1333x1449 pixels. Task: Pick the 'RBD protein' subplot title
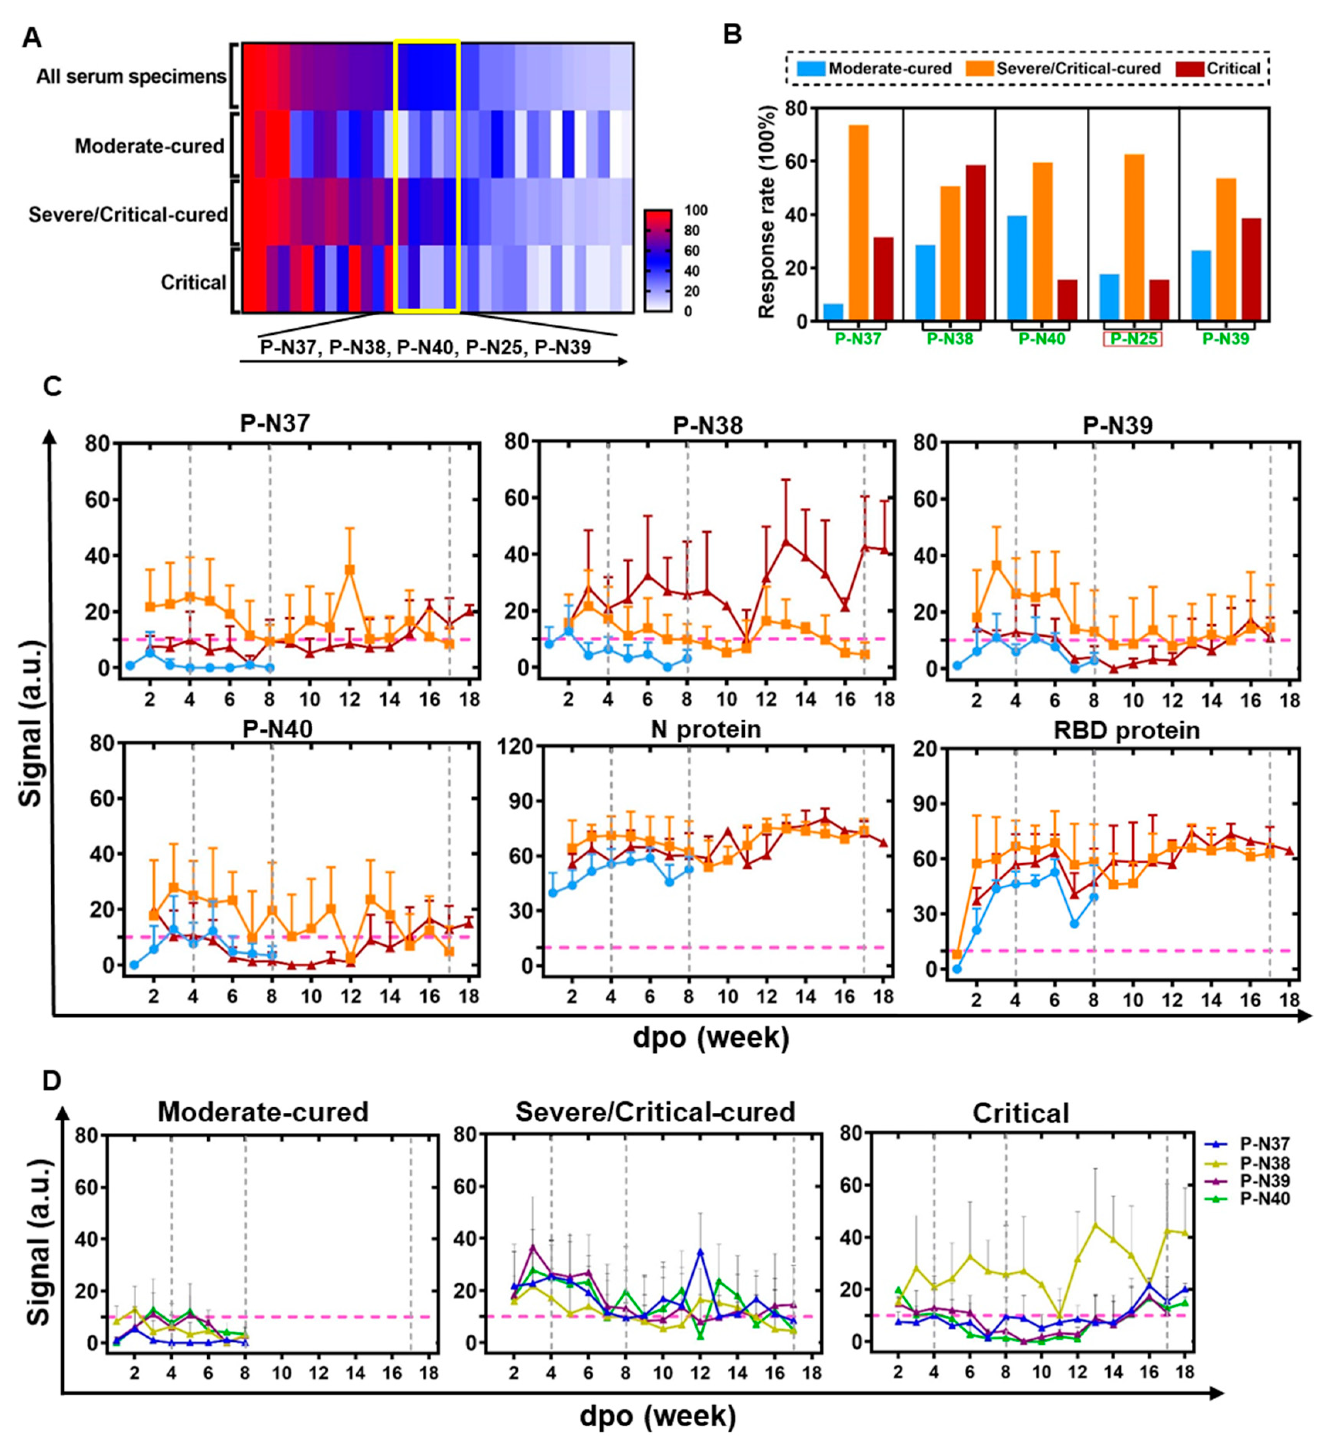1127,730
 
